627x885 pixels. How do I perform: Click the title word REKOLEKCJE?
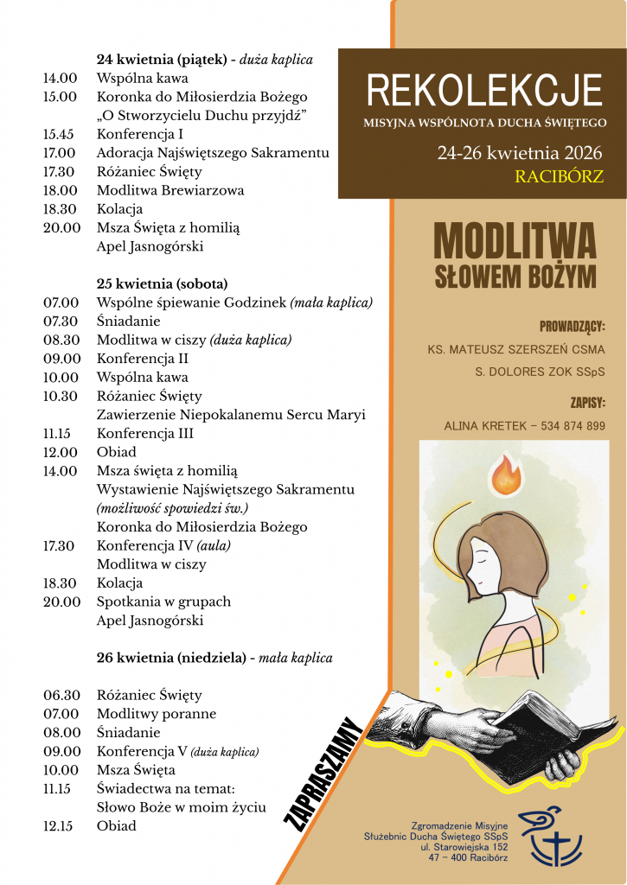pos(484,90)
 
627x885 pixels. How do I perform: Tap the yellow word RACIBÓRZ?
pos(559,177)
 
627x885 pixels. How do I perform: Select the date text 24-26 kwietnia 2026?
pos(520,154)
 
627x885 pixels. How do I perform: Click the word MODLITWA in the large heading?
pos(515,241)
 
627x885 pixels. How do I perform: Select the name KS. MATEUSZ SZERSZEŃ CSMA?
pos(516,350)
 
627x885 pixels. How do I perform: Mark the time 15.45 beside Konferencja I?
pos(59,134)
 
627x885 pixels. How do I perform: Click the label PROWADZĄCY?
pos(572,327)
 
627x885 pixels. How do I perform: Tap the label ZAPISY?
pos(587,402)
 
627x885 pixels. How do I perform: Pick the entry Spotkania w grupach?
pos(163,602)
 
